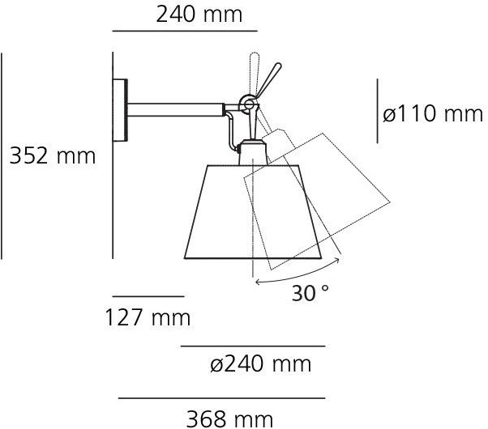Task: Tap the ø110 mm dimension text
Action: (433, 114)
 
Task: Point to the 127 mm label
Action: (147, 317)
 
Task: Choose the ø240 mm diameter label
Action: (260, 364)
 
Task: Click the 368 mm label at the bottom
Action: (229, 418)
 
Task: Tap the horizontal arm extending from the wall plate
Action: (174, 107)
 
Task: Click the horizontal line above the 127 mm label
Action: (148, 297)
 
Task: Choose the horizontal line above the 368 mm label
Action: (221, 398)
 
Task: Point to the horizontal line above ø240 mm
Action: (252, 346)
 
